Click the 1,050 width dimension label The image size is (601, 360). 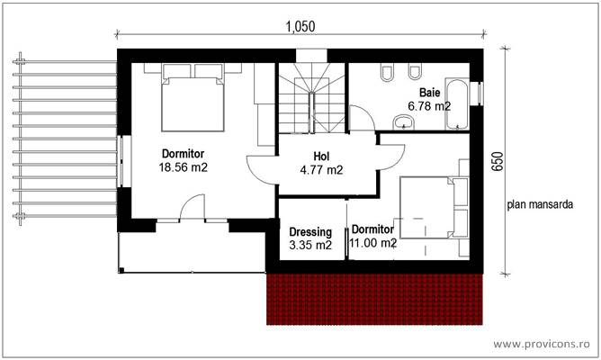coord(300,26)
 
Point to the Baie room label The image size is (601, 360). coord(428,93)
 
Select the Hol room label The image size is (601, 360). coord(321,155)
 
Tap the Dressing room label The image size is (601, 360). coord(310,231)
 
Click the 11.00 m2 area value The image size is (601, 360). coord(373,243)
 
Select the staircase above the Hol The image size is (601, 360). coord(311,99)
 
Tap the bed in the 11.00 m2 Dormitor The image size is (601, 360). coord(428,207)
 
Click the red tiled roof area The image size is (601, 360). coord(376,299)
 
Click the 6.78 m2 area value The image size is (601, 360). coord(429,106)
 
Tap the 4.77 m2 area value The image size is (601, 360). coord(321,168)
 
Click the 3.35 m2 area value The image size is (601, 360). coord(310,245)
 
